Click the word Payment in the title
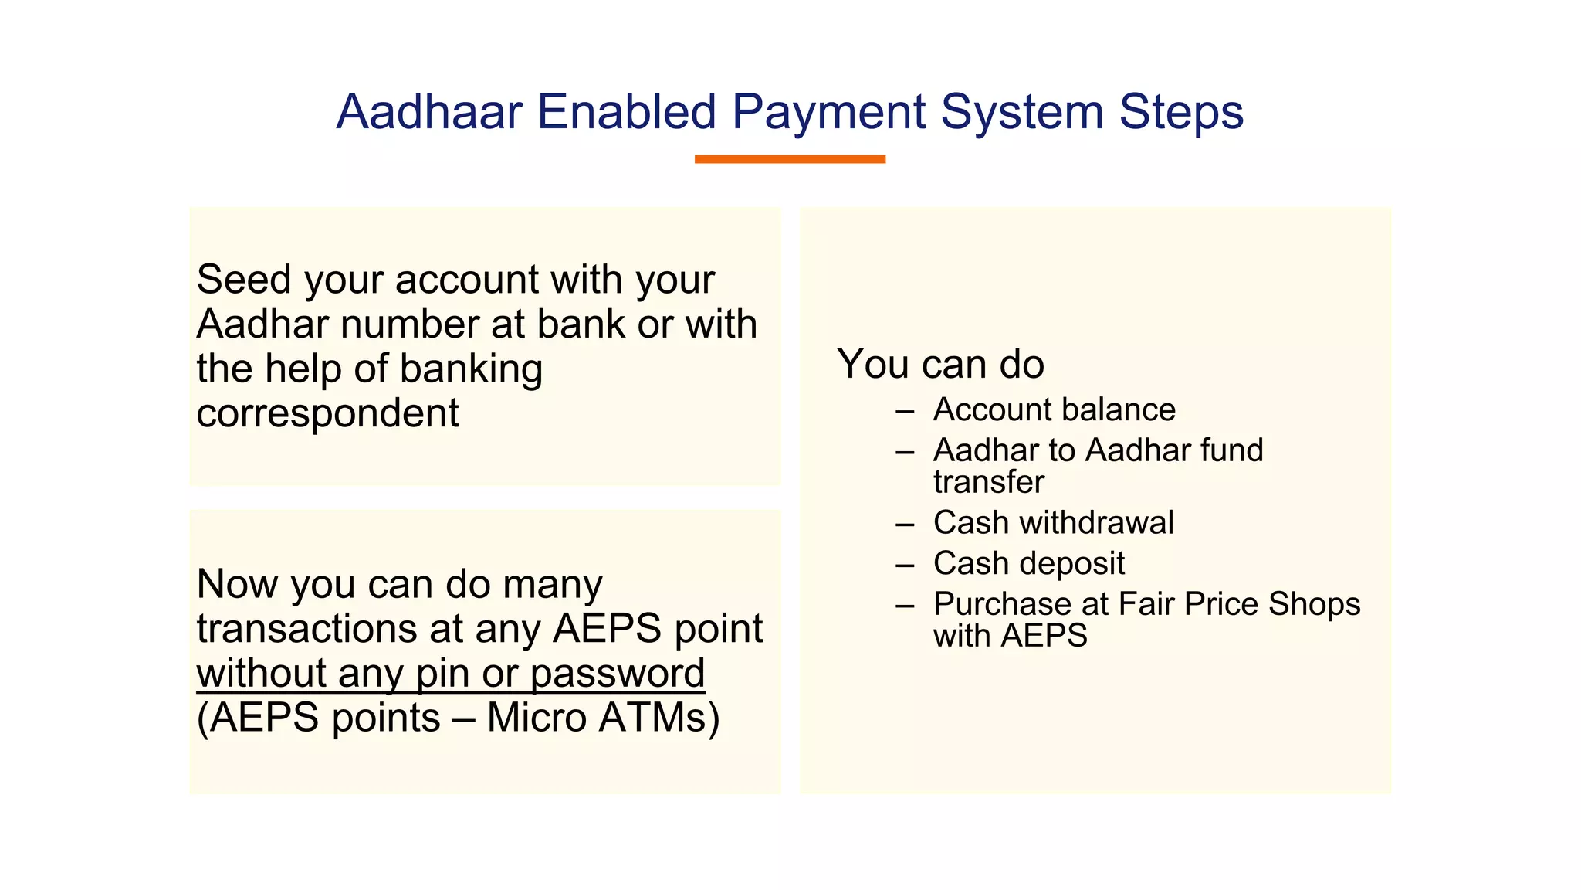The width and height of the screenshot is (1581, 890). pos(828,113)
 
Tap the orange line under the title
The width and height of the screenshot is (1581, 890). pos(790,159)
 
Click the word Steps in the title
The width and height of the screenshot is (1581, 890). pos(1181,113)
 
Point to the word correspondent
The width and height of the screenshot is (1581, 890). pos(327,414)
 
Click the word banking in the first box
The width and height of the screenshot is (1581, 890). pos(471,369)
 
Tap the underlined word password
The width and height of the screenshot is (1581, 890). pos(617,674)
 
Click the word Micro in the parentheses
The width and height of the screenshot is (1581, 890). pos(537,718)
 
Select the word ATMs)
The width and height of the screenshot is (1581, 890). pos(658,718)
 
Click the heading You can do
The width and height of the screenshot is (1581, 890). pos(940,365)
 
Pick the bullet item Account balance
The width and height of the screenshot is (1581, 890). pos(1054,410)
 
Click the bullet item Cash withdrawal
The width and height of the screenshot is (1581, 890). pos(1053,523)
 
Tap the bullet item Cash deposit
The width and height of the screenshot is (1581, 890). pos(1028,564)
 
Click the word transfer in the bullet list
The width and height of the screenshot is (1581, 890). pos(988,483)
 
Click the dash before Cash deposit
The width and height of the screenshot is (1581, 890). pos(905,566)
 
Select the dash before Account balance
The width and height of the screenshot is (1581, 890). pos(905,412)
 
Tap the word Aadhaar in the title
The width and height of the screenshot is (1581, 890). pos(429,113)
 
